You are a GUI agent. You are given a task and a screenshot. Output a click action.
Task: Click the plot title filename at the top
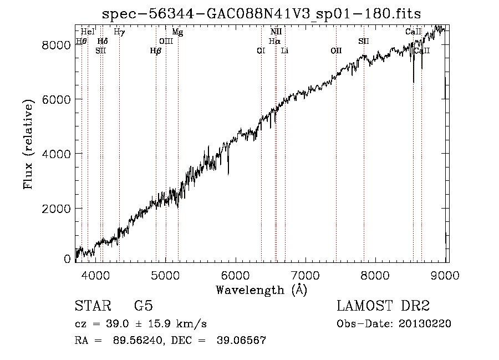point(261,14)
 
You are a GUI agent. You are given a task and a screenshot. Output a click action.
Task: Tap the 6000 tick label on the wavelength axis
point(236,275)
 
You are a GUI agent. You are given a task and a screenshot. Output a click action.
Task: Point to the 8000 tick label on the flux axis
point(56,45)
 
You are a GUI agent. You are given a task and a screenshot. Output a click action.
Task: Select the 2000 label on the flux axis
point(56,209)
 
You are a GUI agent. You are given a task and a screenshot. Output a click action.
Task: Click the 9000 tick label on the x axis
point(445,275)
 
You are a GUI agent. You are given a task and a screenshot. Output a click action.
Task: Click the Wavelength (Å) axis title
point(262,290)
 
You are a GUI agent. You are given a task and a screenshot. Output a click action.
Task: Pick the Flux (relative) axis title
point(28,144)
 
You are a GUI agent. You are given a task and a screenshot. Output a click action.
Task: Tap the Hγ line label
point(119,32)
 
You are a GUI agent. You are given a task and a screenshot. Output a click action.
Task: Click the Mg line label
point(177,32)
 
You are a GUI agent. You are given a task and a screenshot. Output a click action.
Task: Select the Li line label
point(285,50)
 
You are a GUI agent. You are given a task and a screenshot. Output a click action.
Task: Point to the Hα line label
point(274,41)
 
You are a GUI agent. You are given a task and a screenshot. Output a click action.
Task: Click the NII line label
point(276,32)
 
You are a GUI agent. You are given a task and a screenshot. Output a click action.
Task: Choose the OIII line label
point(166,41)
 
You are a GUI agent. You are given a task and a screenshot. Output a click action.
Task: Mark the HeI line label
point(88,32)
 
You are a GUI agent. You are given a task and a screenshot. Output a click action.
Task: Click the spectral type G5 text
point(144,306)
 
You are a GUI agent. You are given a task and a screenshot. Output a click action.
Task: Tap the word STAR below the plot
point(93,306)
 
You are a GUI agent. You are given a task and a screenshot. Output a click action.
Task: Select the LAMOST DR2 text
point(383,306)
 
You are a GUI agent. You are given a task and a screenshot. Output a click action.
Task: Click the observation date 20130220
point(425,324)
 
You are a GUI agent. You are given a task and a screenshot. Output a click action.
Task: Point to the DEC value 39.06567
point(241,340)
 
